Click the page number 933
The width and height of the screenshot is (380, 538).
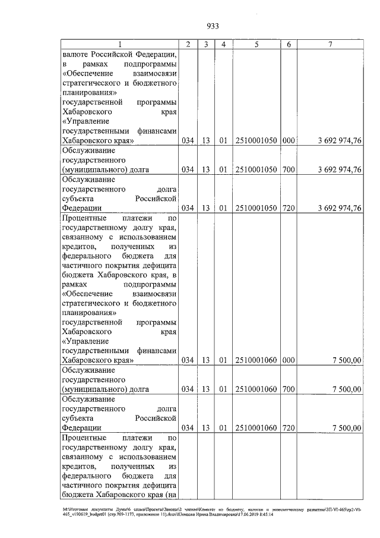[x=213, y=25]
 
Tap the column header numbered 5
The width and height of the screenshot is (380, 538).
[x=256, y=44]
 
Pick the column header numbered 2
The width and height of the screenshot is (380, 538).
[x=188, y=44]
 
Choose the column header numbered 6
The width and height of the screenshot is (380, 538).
[x=289, y=44]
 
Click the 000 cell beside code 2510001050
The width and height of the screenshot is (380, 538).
[x=289, y=140]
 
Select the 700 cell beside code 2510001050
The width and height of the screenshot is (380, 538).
[x=289, y=169]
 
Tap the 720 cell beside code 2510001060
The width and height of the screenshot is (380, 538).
[x=289, y=427]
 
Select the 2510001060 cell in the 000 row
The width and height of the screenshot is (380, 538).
[x=256, y=360]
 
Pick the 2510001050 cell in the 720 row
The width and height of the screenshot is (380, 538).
[x=256, y=208]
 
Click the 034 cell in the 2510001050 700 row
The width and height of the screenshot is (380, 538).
[x=188, y=169]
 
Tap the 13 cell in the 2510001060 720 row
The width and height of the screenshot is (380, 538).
[x=205, y=427]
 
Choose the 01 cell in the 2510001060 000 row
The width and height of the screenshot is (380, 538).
[x=223, y=360]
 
